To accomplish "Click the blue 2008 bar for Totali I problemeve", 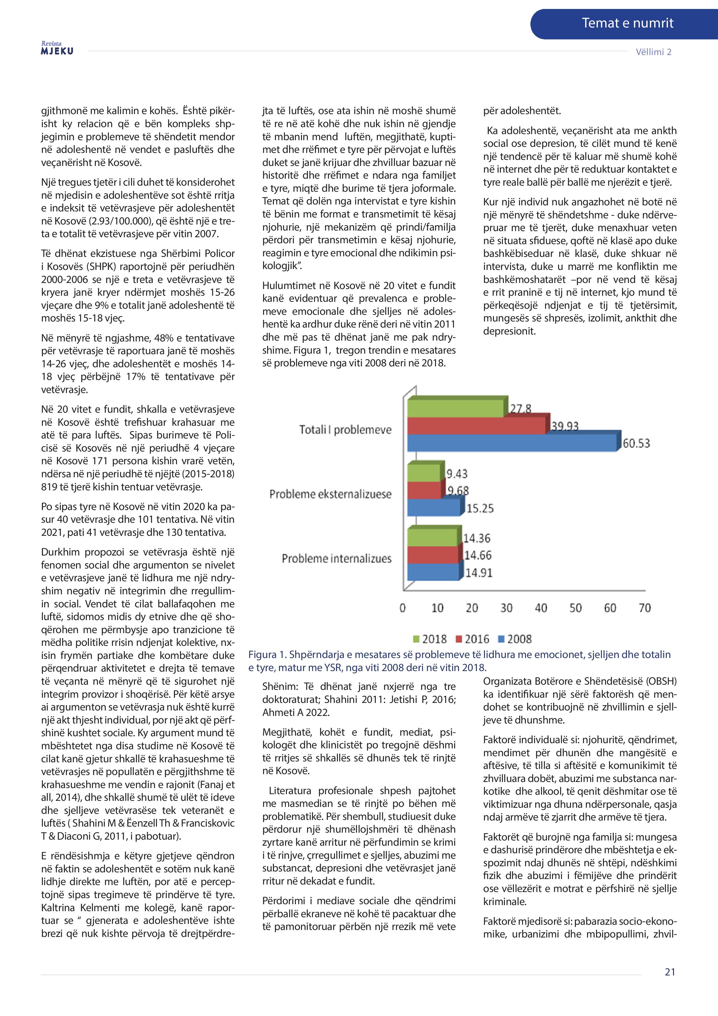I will pos(511,443).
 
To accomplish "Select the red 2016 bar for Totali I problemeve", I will pos(476,426).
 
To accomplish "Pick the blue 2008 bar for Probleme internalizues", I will pos(433,572).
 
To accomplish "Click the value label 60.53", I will pos(636,443).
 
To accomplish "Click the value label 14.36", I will pos(477,538).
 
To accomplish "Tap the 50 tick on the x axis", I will pos(575,608).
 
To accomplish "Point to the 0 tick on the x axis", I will pos(403,608).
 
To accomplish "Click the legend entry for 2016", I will pos(472,639).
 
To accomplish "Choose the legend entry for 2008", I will pos(515,639).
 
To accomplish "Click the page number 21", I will pos(670,972).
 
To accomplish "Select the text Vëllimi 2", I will pos(653,52).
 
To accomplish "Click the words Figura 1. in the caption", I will pos(266,655).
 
